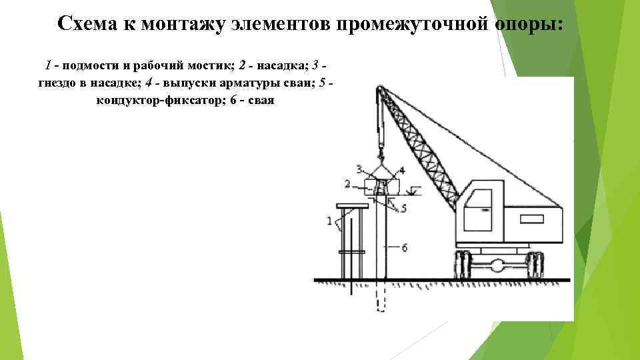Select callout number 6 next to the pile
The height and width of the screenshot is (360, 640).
pos(404,247)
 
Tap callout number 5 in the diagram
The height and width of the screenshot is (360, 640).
pos(403,209)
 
